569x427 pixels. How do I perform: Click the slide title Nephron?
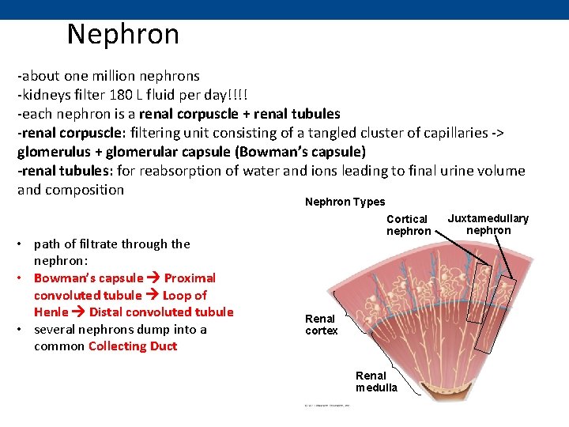123,35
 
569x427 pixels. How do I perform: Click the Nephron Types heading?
345,202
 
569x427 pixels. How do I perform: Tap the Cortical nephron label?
408,225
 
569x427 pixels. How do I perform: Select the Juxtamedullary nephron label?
488,224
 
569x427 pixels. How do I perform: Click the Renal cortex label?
321,324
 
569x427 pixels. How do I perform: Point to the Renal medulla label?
376,381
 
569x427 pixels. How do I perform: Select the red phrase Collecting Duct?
133,346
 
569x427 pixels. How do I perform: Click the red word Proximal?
190,278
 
